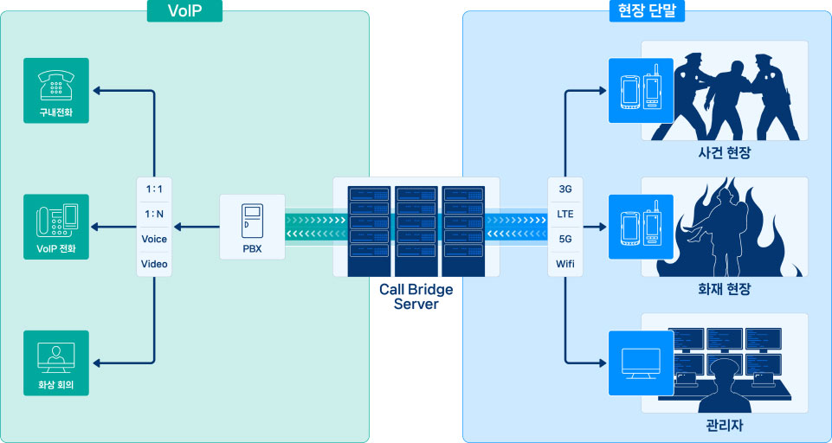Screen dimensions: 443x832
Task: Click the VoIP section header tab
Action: (184, 10)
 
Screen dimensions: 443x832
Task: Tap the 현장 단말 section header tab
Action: (648, 10)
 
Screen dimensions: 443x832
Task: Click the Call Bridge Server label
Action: (416, 297)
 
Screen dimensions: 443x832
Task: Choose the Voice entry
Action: (154, 239)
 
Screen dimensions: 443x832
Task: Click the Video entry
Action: (154, 264)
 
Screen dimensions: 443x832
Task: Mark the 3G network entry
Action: (565, 189)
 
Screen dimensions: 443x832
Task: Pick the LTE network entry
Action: (565, 214)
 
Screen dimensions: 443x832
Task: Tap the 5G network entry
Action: (565, 239)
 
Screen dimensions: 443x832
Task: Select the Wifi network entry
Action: (565, 263)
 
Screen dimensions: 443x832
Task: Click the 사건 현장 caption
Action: (724, 153)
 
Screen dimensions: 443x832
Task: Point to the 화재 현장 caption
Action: (724, 290)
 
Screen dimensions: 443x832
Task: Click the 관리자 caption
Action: (725, 427)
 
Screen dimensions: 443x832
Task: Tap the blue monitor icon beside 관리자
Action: (641, 363)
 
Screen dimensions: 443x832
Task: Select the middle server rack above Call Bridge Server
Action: (416, 229)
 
